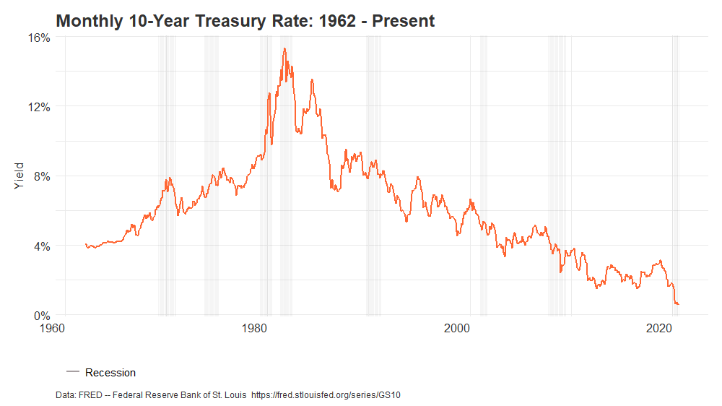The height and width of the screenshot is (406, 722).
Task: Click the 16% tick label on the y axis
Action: (40, 37)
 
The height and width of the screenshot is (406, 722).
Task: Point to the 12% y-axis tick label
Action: (40, 107)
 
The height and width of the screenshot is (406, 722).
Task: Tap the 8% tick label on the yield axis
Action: (42, 176)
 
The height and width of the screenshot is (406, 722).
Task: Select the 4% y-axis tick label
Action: (42, 246)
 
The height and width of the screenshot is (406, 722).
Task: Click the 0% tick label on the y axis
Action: (42, 316)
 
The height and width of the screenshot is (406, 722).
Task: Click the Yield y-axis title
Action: (19, 176)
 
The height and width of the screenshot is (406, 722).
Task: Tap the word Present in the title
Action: (403, 21)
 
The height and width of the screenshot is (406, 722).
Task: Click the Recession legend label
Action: (110, 373)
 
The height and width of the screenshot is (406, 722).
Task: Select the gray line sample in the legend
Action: (72, 373)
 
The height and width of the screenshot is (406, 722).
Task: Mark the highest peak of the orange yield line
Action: (284, 48)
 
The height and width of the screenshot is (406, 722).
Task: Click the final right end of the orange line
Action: (678, 304)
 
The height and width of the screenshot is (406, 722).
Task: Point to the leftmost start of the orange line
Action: (85, 244)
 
